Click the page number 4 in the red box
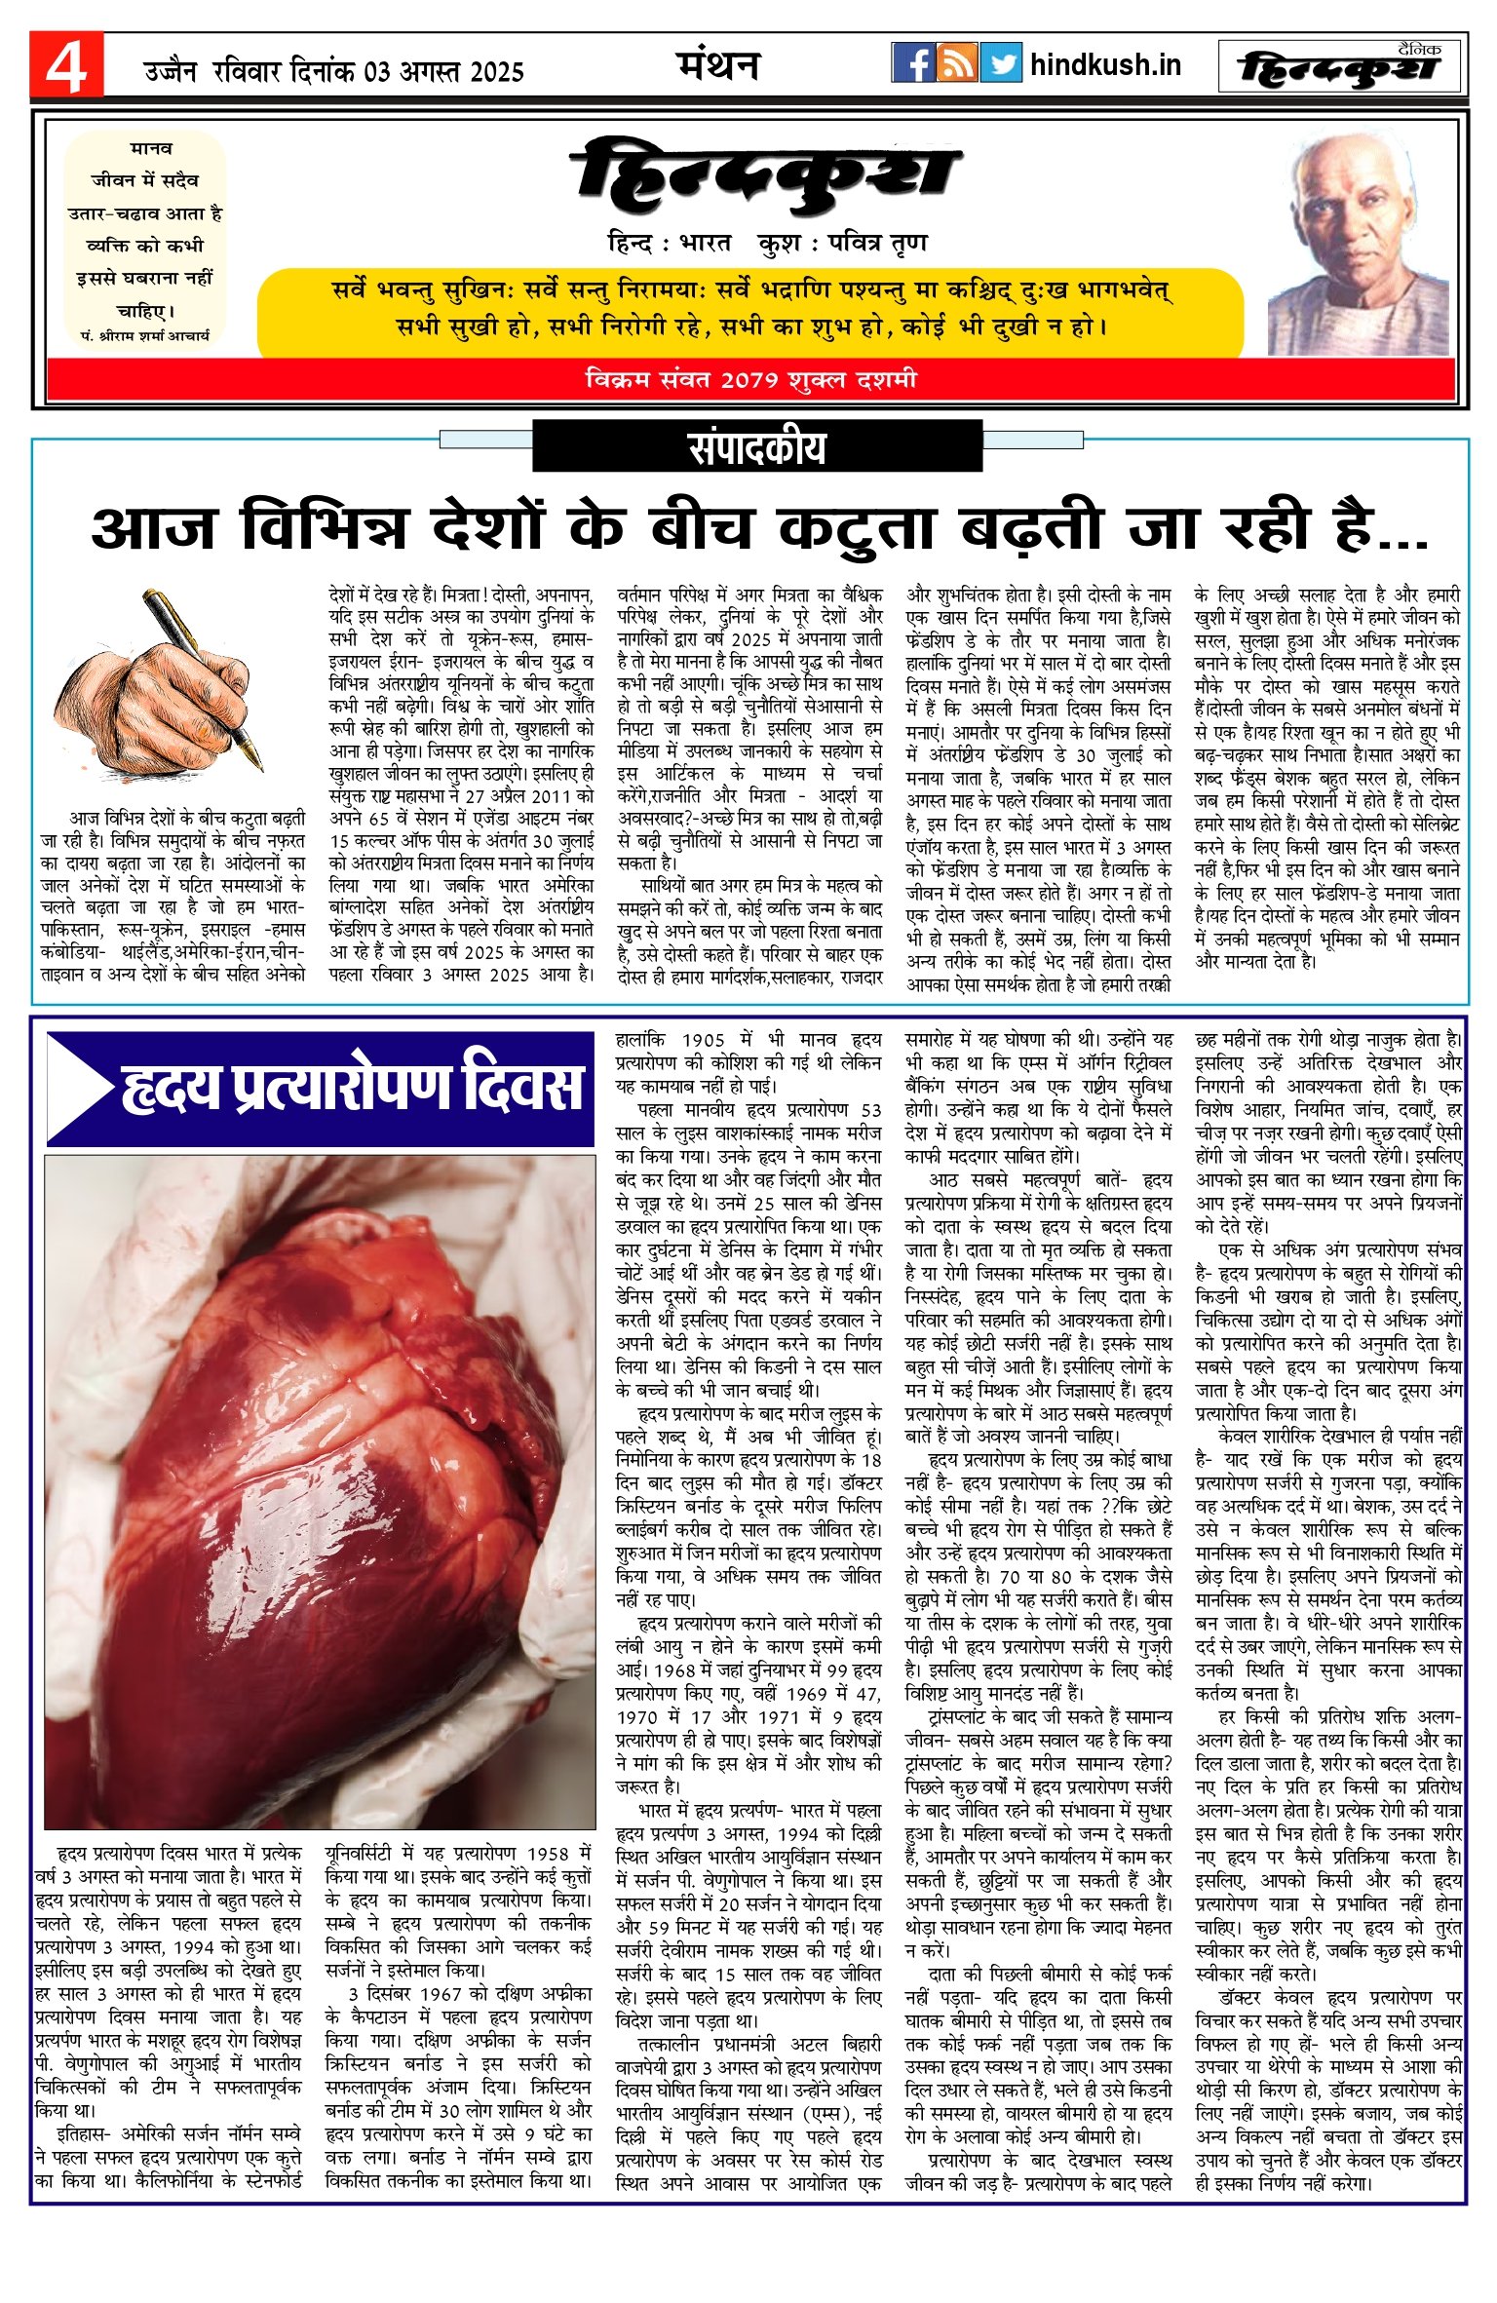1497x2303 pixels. pos(65,66)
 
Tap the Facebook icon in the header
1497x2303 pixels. pos(912,63)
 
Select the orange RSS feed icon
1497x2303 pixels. pos(956,63)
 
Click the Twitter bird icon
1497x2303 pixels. pos(1001,63)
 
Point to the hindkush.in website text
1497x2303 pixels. pos(1105,65)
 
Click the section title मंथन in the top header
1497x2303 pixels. pos(717,65)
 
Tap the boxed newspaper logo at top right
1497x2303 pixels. pos(1339,67)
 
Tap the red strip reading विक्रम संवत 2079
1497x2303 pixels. pos(750,379)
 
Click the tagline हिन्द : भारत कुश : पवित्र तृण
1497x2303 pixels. pos(766,243)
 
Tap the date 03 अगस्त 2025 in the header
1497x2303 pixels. pos(443,72)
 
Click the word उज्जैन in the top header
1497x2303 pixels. pos(171,72)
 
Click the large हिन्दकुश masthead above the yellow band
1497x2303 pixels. pos(766,175)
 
